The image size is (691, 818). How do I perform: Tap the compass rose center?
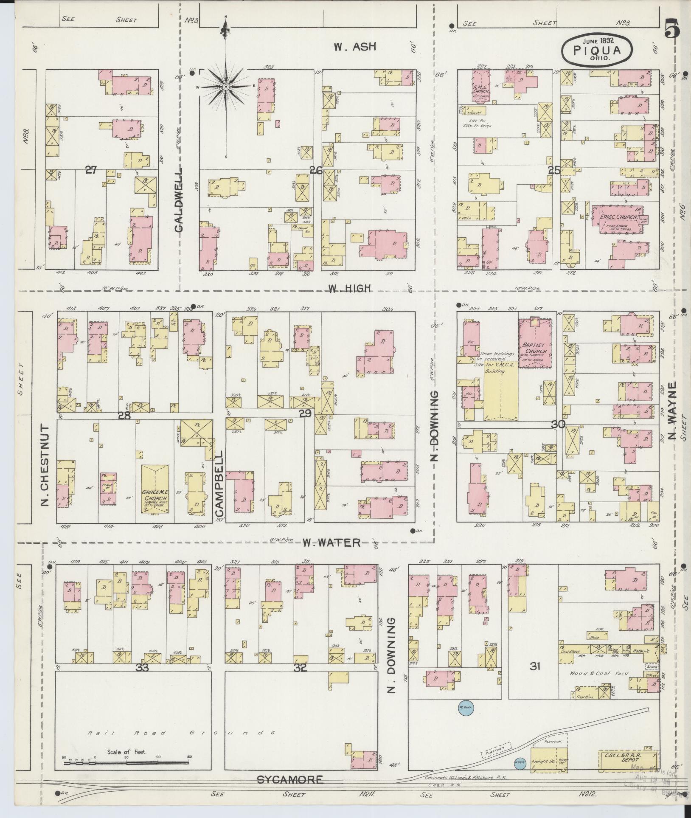click(226, 87)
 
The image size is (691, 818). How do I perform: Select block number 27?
click(91, 170)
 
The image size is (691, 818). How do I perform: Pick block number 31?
click(535, 666)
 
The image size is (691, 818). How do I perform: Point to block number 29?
click(305, 413)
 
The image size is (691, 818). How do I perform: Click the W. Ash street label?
click(354, 47)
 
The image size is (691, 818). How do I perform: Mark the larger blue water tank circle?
click(465, 707)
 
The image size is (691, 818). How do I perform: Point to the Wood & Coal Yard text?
click(598, 674)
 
